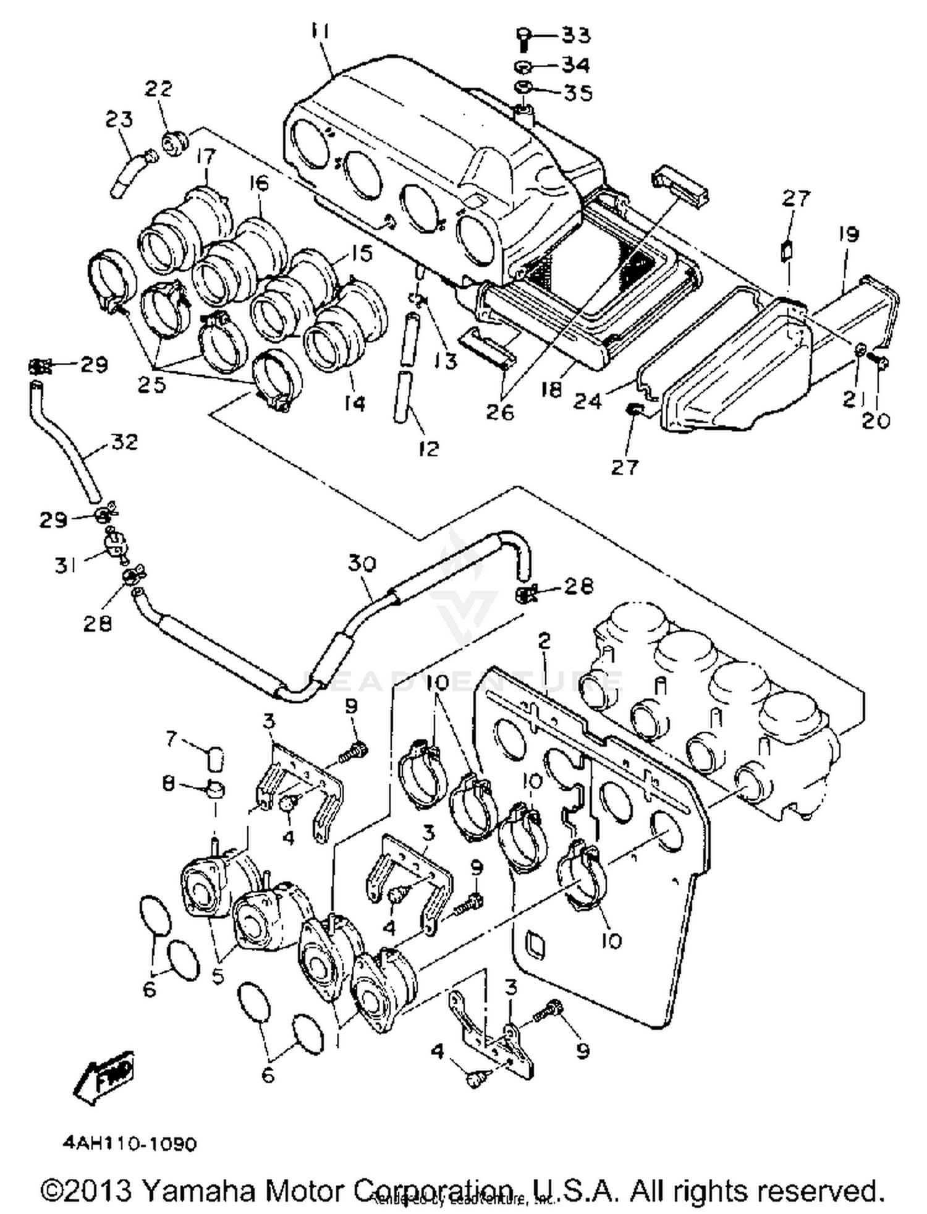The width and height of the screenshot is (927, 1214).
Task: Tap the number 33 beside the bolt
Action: (x=575, y=35)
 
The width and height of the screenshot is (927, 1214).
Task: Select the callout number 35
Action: (x=577, y=93)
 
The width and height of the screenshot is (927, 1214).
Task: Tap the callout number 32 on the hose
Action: (x=124, y=443)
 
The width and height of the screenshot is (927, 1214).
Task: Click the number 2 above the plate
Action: (x=544, y=641)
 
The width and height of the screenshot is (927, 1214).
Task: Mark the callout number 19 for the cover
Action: (x=849, y=235)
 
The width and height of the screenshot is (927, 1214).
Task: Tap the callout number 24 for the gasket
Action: (x=586, y=401)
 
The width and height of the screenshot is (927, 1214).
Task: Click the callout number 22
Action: (x=159, y=89)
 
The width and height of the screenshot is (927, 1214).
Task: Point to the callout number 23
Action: (x=119, y=119)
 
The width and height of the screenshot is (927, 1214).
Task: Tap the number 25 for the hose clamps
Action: (x=152, y=385)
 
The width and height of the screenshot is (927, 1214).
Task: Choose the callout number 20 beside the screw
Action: (x=876, y=421)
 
